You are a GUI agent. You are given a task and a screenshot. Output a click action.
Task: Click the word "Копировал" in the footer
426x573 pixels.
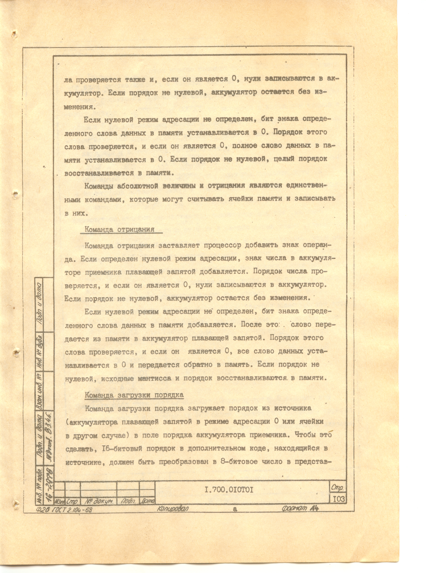(x=173, y=508)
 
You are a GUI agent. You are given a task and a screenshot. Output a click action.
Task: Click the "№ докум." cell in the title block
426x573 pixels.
(x=99, y=501)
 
